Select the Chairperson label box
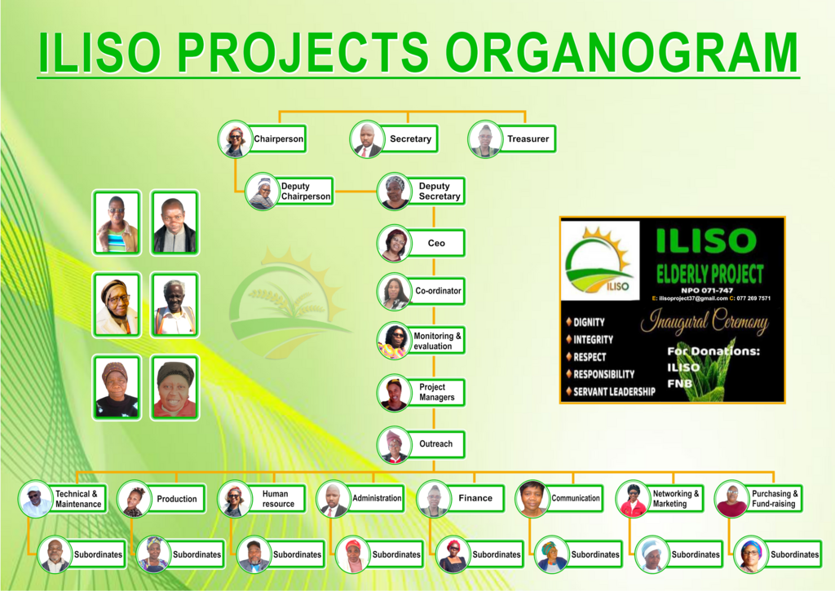[x=277, y=139]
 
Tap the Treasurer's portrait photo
[x=484, y=139]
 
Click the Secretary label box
[x=409, y=139]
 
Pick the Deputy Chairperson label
[x=305, y=191]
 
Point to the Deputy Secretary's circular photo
[x=394, y=191]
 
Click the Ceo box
[x=435, y=243]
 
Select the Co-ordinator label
[x=437, y=291]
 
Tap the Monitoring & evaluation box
[x=437, y=341]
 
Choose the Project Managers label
[x=436, y=392]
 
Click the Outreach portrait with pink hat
[x=394, y=444]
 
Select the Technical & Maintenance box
[x=77, y=499]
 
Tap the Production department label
[x=177, y=499]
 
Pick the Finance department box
[x=475, y=498]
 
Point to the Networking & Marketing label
[x=675, y=498]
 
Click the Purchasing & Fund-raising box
[x=775, y=498]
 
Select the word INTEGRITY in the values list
[x=593, y=340]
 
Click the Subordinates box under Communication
[x=594, y=554]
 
